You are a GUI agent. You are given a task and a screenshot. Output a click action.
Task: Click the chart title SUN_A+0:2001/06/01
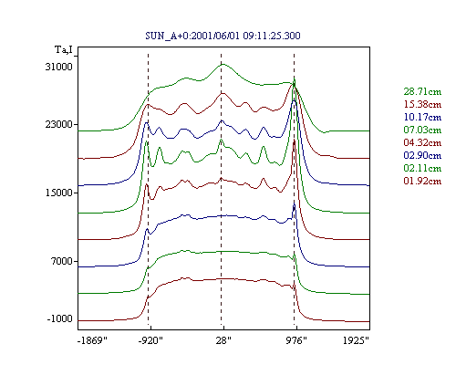pyautogui.click(x=193, y=36)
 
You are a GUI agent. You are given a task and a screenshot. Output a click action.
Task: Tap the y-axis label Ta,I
pyautogui.click(x=64, y=49)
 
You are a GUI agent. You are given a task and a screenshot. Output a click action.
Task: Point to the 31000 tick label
pyautogui.click(x=59, y=67)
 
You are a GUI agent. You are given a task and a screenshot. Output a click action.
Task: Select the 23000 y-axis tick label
pyautogui.click(x=59, y=124)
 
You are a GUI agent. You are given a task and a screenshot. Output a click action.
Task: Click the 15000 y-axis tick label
pyautogui.click(x=59, y=193)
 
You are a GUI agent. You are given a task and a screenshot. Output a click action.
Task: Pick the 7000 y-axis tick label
pyautogui.click(x=62, y=261)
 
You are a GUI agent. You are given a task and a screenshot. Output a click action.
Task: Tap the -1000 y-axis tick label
pyautogui.click(x=60, y=318)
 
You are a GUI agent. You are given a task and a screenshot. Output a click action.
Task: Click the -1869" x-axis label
pyautogui.click(x=93, y=340)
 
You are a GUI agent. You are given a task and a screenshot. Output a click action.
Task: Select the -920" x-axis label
pyautogui.click(x=150, y=340)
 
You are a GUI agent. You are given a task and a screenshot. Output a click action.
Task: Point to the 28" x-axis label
pyautogui.click(x=223, y=340)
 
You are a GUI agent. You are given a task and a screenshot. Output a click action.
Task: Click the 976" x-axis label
pyautogui.click(x=296, y=340)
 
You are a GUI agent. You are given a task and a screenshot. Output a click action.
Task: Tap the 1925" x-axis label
pyautogui.click(x=356, y=340)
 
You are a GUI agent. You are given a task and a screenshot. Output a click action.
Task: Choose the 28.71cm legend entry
pyautogui.click(x=422, y=91)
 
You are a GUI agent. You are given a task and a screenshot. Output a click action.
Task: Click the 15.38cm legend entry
pyautogui.click(x=422, y=104)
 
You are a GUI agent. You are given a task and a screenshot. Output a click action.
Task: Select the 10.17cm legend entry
pyautogui.click(x=422, y=117)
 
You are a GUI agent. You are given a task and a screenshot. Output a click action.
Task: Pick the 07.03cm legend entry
pyautogui.click(x=422, y=130)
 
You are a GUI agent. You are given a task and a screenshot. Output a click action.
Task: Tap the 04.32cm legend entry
pyautogui.click(x=422, y=142)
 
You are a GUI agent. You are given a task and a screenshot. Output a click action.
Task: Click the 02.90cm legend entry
pyautogui.click(x=422, y=155)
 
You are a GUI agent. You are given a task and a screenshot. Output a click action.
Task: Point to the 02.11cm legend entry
pyautogui.click(x=422, y=168)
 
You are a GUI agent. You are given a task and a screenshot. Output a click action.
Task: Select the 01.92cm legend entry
pyautogui.click(x=422, y=181)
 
